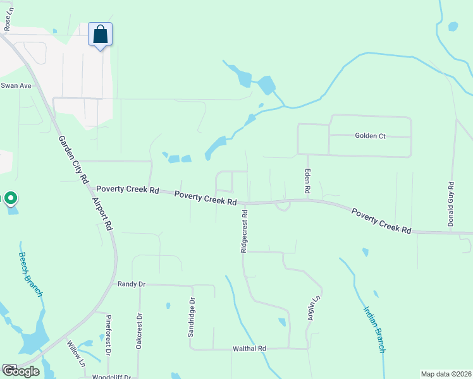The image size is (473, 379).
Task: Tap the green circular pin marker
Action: click(10, 198)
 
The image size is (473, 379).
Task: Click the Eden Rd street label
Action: click(308, 181)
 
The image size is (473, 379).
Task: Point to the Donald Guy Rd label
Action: click(451, 204)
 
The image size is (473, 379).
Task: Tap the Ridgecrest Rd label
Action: click(243, 232)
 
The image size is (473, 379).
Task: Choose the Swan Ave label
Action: click(16, 85)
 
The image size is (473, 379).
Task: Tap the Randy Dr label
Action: click(132, 284)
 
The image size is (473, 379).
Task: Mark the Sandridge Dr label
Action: click(190, 317)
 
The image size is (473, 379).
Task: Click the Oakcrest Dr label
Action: click(138, 331)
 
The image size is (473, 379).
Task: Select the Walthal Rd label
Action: click(250, 348)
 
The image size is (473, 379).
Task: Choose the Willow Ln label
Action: click(75, 354)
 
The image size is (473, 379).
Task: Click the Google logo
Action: click(21, 371)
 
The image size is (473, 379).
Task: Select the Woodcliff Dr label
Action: click(111, 376)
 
